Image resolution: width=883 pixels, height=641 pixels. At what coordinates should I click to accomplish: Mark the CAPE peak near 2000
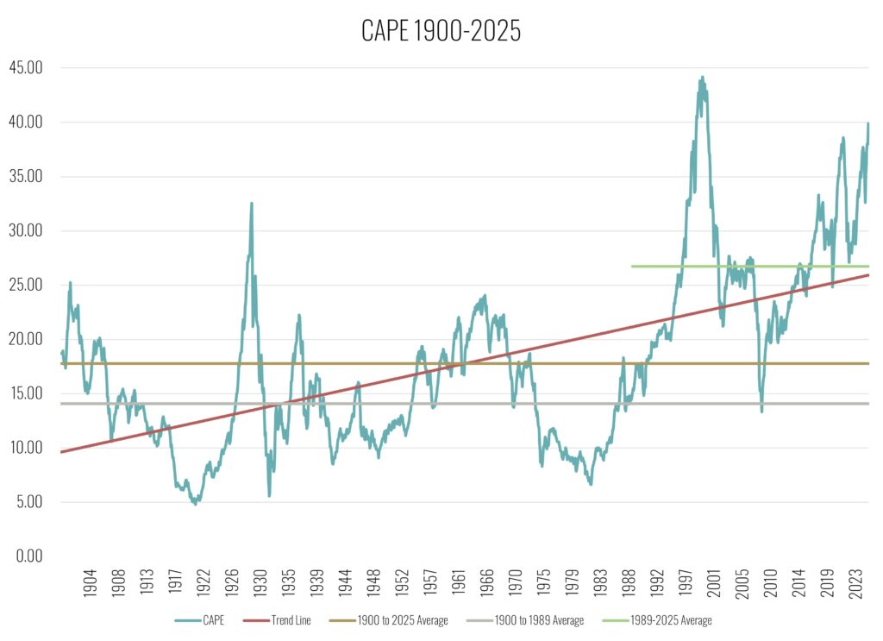[x=702, y=77]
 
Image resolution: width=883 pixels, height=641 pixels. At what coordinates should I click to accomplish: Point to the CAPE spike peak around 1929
[x=251, y=204]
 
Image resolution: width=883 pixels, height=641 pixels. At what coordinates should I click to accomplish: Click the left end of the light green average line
[x=632, y=267]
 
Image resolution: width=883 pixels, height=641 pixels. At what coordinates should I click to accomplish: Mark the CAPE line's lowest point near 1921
[x=195, y=503]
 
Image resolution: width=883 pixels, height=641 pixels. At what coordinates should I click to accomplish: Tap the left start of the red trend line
[x=60, y=451]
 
